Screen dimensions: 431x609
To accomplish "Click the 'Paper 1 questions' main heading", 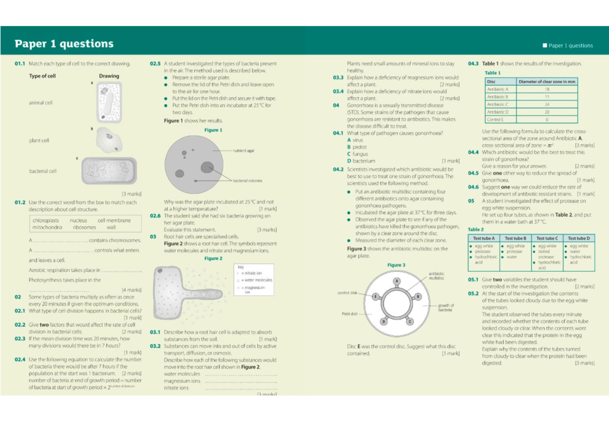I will click(x=64, y=44).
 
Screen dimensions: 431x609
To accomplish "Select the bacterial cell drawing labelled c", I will click(x=109, y=171).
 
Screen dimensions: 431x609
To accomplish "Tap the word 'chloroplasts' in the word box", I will click(x=46, y=221).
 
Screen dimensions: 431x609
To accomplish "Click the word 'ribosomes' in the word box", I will click(x=84, y=227).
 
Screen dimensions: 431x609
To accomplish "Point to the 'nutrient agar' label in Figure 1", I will click(x=244, y=151).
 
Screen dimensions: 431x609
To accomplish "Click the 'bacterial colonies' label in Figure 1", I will click(x=248, y=181).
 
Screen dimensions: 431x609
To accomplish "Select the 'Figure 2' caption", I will click(x=213, y=258).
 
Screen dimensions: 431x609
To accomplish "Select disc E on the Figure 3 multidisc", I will click(x=376, y=296).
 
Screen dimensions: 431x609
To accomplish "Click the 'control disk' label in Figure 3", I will click(x=347, y=293).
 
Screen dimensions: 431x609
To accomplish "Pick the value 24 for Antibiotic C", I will click(x=547, y=104).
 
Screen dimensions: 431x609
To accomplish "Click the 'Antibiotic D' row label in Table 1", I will click(x=497, y=112).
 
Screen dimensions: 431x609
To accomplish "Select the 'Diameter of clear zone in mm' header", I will click(x=547, y=82).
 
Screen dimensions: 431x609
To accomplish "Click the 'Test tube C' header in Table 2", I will click(x=547, y=238).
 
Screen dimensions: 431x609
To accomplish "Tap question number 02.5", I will click(x=155, y=64).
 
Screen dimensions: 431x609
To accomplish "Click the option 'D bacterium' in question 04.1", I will click(x=361, y=161).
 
